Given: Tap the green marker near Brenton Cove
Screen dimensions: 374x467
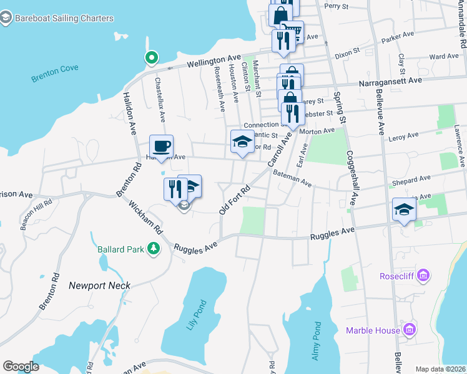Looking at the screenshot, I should point(150,59).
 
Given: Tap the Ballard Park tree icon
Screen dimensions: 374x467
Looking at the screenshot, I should point(152,249).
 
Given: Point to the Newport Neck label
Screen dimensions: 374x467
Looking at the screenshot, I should point(100,285).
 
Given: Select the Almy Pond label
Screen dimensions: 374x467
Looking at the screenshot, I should point(316,341).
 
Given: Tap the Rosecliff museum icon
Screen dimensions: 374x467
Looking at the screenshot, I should point(424,275).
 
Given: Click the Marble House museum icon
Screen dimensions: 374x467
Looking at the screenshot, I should point(410,328).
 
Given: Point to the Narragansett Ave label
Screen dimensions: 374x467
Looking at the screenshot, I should point(390,80).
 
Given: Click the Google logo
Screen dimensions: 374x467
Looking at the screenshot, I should point(21,367).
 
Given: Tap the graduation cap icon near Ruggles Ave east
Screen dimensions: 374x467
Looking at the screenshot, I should point(404,210).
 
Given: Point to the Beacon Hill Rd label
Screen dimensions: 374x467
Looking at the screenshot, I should point(31,216).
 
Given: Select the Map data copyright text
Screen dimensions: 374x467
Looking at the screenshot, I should point(440,369).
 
